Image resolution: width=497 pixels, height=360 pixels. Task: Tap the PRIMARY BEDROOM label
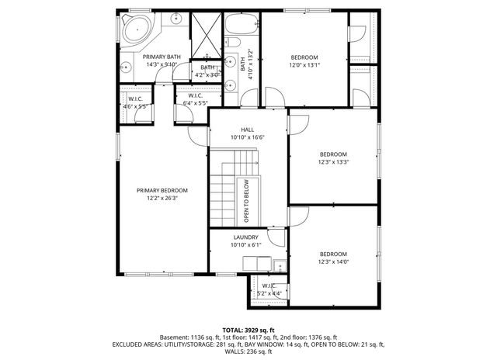coord(162,190)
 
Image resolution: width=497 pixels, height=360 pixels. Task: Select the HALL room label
coord(248,130)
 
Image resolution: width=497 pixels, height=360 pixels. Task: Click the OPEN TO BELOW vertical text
coord(246,202)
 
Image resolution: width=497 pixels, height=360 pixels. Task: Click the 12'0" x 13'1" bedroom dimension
coord(304,65)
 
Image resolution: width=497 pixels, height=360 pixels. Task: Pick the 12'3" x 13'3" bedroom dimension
coord(333,162)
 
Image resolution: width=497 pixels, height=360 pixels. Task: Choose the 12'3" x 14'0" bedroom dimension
coord(333,262)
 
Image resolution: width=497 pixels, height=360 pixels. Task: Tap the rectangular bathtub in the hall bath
coord(244,24)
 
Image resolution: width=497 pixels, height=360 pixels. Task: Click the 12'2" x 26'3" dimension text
coord(162,198)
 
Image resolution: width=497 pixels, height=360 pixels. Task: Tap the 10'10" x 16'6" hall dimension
coord(248,137)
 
